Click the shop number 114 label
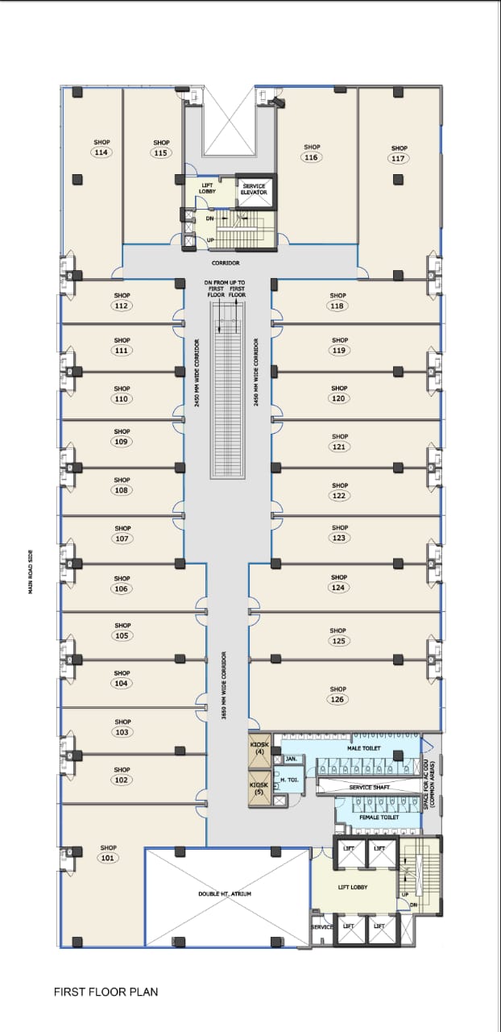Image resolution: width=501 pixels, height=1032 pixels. tap(101, 152)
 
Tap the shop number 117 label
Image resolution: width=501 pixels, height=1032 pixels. tap(399, 159)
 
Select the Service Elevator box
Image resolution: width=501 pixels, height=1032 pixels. tap(255, 189)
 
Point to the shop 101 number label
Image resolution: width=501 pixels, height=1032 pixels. tap(109, 858)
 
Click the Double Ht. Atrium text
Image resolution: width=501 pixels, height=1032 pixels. tap(225, 894)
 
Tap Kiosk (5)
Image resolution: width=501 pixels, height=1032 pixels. tap(259, 788)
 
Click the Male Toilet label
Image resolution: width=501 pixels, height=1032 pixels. tap(364, 748)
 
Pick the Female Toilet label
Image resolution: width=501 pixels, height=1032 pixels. tap(379, 818)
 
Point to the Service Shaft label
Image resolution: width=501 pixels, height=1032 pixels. tap(371, 787)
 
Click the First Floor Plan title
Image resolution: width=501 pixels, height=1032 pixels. tap(106, 992)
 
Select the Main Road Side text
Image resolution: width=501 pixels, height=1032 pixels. tap(31, 572)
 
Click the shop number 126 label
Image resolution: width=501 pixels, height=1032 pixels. tap(337, 699)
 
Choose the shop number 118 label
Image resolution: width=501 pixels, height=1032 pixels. tap(337, 306)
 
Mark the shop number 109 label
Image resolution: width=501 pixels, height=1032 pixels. tap(122, 441)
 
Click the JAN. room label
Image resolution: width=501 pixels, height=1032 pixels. tap(291, 759)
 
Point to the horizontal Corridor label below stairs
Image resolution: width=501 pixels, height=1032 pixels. tap(226, 263)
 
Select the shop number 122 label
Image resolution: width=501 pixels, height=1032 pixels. tap(339, 495)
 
